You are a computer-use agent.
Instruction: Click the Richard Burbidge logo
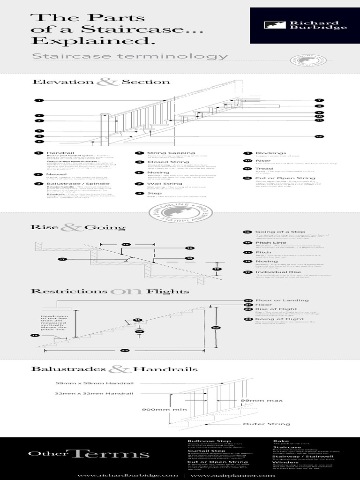(305, 25)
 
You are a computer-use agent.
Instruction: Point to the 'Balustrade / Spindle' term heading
(78, 184)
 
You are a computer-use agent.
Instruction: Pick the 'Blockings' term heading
(270, 153)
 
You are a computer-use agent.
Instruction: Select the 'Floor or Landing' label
(282, 300)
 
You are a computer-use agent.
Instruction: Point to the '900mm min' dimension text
(158, 409)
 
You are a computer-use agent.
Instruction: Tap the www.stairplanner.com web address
(232, 475)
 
